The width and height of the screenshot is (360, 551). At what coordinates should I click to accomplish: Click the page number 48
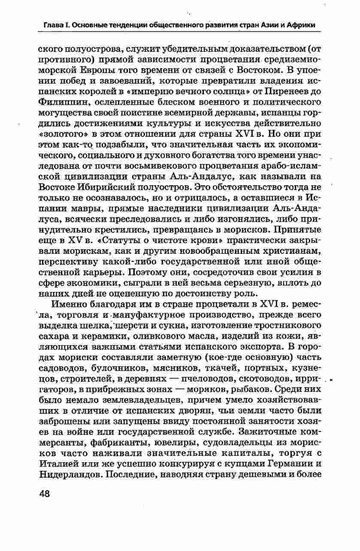coord(45,493)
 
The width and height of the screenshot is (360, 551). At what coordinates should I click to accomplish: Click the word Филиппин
coord(59,102)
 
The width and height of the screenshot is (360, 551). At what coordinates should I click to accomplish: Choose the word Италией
coord(59,464)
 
